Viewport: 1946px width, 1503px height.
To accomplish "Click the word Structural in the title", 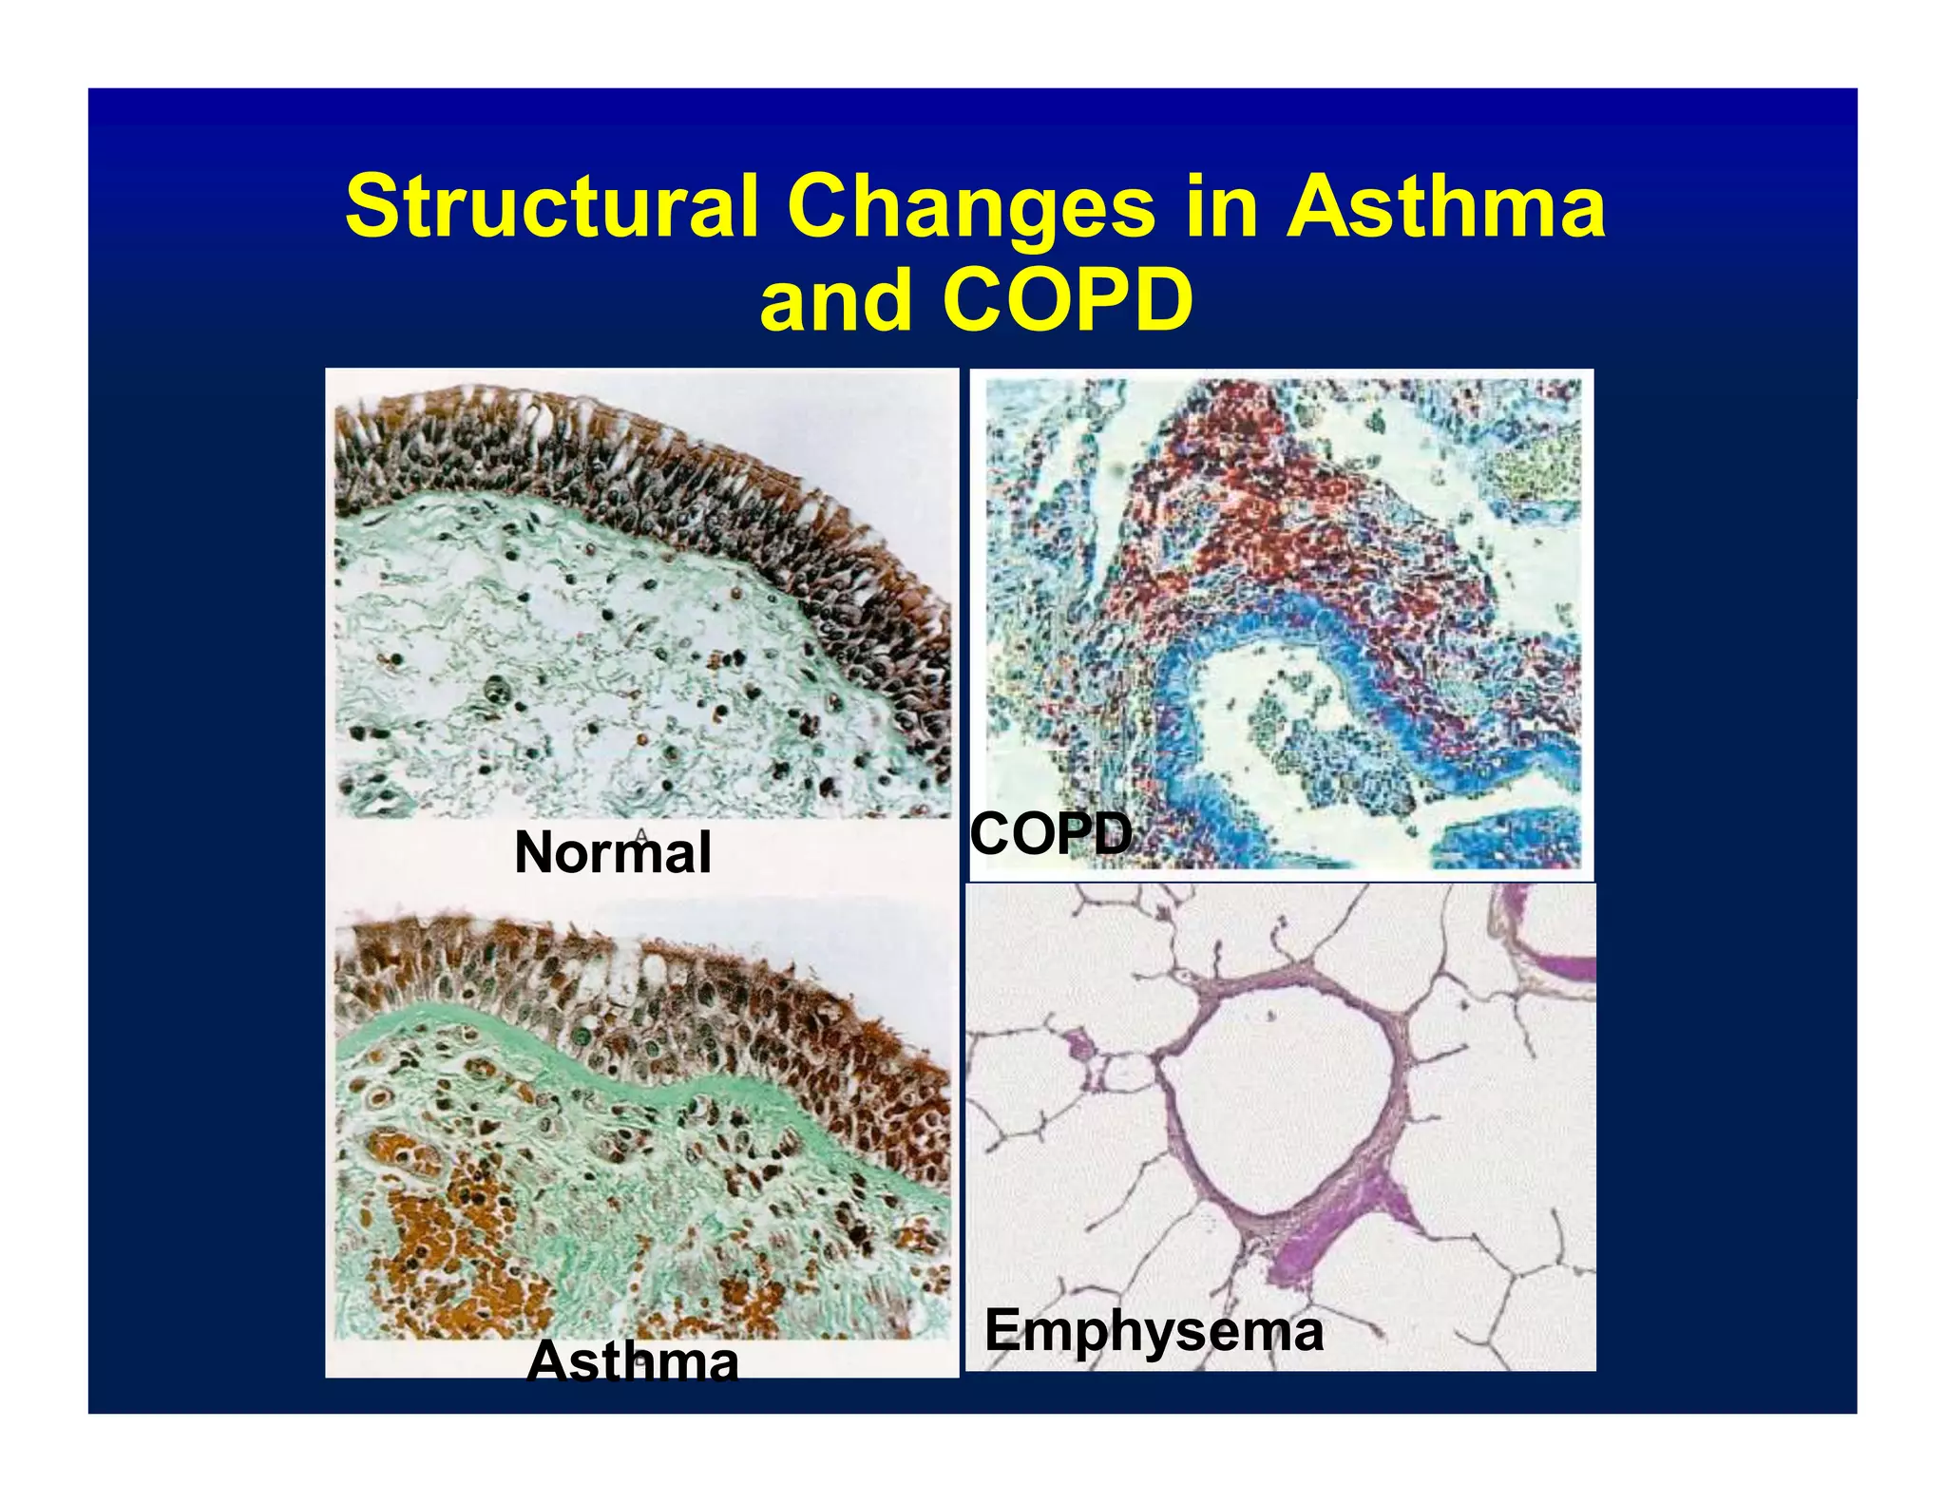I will (x=551, y=206).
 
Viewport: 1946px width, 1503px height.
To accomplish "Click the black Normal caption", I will (x=612, y=852).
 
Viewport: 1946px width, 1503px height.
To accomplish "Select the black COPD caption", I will (x=1050, y=834).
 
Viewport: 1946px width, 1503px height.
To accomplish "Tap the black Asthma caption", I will (x=633, y=1360).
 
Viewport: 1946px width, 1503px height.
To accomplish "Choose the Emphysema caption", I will (x=1154, y=1330).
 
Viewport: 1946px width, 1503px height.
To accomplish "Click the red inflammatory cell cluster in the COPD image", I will (x=1273, y=494).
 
